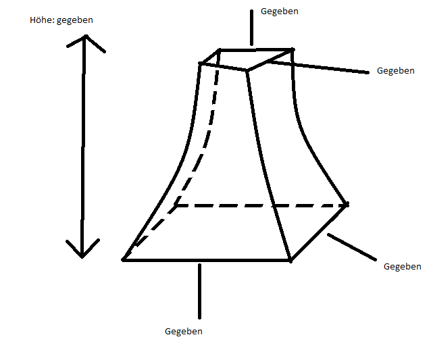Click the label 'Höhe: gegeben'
click(x=61, y=20)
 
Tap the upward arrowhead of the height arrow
click(x=85, y=41)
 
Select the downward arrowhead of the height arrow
click(x=82, y=251)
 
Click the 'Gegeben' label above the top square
click(x=279, y=11)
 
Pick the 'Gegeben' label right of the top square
click(x=395, y=70)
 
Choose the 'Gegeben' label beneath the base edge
click(x=184, y=332)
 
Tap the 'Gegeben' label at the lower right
click(x=402, y=266)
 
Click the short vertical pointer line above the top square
click(x=251, y=27)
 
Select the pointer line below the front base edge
click(x=199, y=290)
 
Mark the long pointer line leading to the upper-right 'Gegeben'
click(x=318, y=66)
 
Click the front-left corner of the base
click(x=124, y=259)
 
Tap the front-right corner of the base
click(x=290, y=259)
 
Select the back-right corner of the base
click(x=347, y=204)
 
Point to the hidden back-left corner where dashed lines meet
click(x=175, y=205)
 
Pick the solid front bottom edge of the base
click(x=206, y=260)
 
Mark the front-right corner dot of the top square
click(x=247, y=70)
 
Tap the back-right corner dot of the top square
click(x=293, y=49)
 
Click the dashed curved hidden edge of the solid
click(x=203, y=149)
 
